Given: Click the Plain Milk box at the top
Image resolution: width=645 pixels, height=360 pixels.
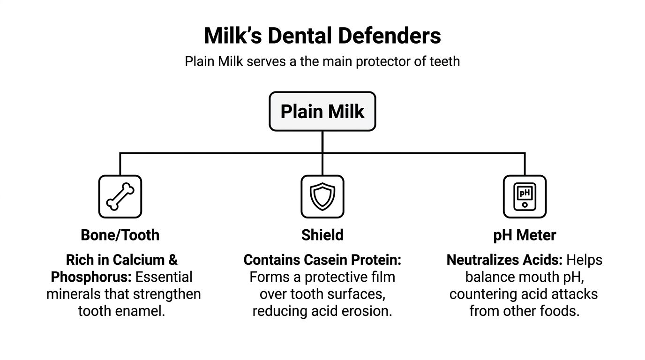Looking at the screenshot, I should coord(322,112).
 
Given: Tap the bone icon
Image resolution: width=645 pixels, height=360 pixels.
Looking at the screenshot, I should coord(120,196).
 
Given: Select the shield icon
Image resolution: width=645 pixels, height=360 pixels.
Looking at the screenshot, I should coord(322,196).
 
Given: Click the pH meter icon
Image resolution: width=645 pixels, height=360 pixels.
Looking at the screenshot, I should coord(525,196).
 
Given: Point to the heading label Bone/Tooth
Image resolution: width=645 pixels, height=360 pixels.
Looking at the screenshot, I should coord(120,235).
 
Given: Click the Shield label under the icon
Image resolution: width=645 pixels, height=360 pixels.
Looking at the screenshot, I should coord(322,235).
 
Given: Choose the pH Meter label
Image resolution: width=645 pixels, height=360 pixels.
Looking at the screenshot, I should coord(525,235).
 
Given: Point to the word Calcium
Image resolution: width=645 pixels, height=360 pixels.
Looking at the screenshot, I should coord(136,260).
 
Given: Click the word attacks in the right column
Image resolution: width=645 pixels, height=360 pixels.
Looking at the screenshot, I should coord(575,294).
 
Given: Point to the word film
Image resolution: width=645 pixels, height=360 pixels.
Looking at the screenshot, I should coord(383,277).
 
